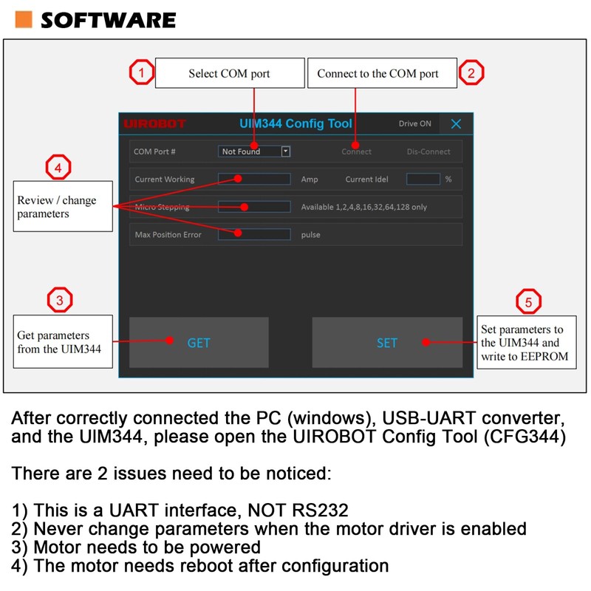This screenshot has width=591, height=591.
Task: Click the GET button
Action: [199, 342]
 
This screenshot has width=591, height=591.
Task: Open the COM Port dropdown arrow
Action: [286, 151]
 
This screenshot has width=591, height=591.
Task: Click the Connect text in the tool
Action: [356, 151]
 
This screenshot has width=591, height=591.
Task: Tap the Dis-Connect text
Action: [428, 151]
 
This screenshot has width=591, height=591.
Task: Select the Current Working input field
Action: [254, 179]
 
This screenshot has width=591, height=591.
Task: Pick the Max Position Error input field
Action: [254, 234]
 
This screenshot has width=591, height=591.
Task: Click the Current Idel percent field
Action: [423, 179]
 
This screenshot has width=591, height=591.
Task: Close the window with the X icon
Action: [457, 124]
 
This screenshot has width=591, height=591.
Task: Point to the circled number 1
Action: [141, 72]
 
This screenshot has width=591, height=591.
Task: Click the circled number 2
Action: [471, 72]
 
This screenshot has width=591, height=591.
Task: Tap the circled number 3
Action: [59, 300]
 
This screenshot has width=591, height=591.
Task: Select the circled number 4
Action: [59, 168]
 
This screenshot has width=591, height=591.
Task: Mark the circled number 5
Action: [528, 301]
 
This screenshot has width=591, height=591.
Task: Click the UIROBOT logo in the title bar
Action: [155, 123]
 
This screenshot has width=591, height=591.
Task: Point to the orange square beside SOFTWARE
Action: [24, 19]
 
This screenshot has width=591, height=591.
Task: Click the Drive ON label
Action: [414, 124]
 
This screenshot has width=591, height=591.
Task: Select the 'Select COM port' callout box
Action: [229, 73]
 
